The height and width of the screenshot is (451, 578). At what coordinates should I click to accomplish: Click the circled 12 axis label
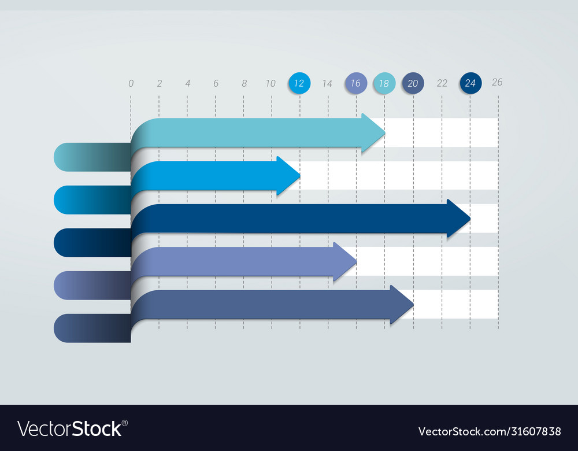pos(299,83)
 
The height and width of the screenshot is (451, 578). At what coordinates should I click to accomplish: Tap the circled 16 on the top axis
pos(356,83)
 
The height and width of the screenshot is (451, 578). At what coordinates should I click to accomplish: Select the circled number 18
pos(384,83)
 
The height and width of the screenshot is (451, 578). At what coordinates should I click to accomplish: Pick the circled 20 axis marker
pos(413,83)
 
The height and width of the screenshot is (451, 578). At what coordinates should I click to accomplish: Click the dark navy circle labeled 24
pos(470,83)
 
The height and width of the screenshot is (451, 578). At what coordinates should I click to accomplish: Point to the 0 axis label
pos(131,84)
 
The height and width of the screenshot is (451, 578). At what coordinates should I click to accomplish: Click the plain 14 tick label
pos(327,84)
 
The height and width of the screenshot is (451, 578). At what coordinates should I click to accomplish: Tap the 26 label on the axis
pos(497,82)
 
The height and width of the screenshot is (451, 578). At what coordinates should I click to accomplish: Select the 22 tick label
pos(442,83)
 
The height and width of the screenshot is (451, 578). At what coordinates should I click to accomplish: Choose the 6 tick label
pos(216,84)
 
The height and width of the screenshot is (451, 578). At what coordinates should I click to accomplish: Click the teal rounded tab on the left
pos(92,157)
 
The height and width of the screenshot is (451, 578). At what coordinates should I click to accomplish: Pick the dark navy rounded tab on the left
pos(92,243)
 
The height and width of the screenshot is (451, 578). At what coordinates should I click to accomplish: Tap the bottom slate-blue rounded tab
pos(92,328)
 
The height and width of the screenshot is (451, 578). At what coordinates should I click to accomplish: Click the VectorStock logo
pos(73,428)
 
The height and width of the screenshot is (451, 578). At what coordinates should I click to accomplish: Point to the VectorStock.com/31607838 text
pos(490,431)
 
